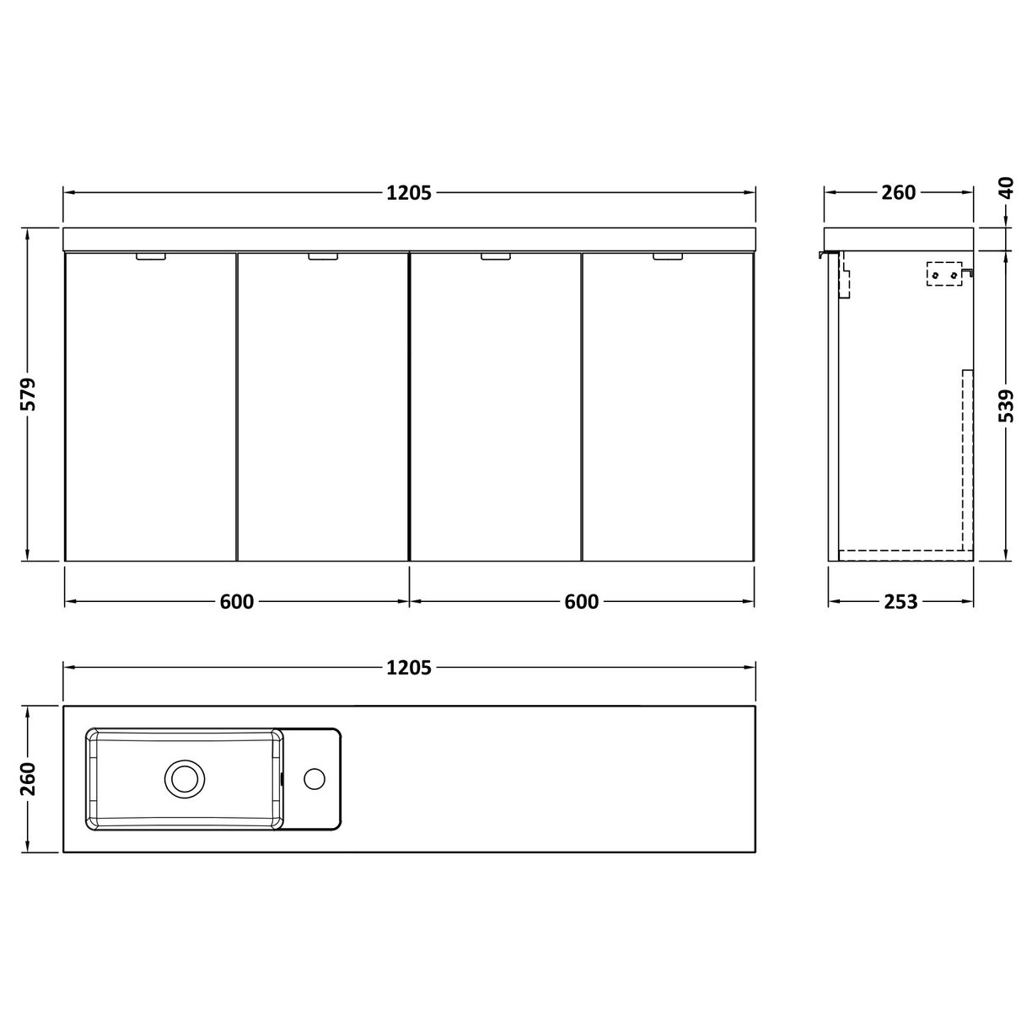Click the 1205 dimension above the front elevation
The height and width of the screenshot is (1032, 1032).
coord(409,193)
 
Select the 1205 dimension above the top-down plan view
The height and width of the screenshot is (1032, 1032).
coord(409,668)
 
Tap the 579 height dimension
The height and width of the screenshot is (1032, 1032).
coord(29,395)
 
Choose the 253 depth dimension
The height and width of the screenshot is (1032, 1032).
coord(900,602)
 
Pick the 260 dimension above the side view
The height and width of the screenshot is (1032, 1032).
coord(898,193)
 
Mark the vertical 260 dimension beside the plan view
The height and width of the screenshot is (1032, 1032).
coord(29,779)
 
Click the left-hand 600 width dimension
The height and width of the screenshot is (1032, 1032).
coord(237,602)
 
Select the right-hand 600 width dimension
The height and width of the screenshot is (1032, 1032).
coord(582,602)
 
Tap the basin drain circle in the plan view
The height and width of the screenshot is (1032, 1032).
coord(184,777)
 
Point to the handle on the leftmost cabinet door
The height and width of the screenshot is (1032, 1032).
coord(151,257)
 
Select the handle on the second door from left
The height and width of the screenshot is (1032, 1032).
coord(323,257)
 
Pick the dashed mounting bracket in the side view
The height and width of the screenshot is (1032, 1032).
coord(944,275)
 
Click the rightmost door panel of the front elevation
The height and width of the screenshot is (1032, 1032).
coord(668,409)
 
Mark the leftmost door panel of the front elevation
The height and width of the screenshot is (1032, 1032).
coord(151,409)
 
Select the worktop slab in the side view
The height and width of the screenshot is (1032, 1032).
coord(900,238)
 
